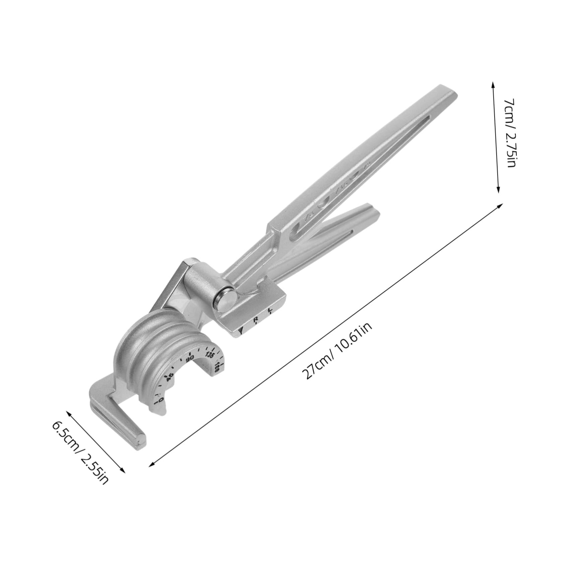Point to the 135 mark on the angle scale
click(210, 355)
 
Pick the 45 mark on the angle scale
click(170, 377)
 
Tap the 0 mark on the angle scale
click(160, 400)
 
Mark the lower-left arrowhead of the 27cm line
click(151, 465)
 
